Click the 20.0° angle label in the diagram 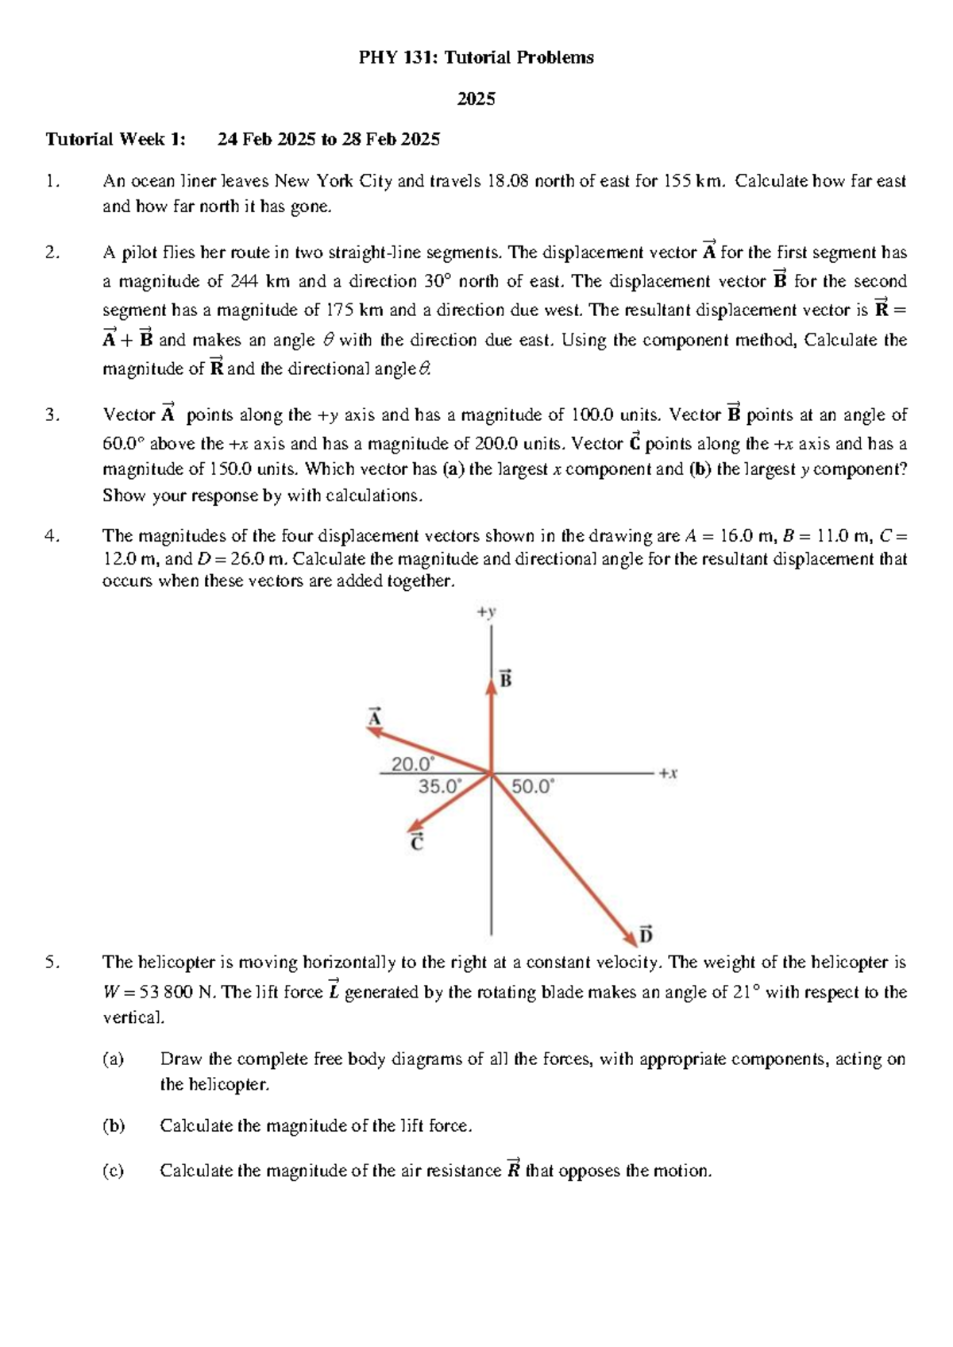pyautogui.click(x=413, y=764)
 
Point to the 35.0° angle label pyautogui.click(x=439, y=786)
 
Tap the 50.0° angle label pyautogui.click(x=533, y=786)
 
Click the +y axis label pyautogui.click(x=486, y=612)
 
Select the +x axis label pyautogui.click(x=668, y=773)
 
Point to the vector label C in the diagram pyautogui.click(x=417, y=843)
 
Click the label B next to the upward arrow pyautogui.click(x=505, y=679)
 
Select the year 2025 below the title pyautogui.click(x=476, y=98)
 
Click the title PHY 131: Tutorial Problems pyautogui.click(x=476, y=57)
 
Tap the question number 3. pyautogui.click(x=52, y=415)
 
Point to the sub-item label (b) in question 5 pyautogui.click(x=114, y=1125)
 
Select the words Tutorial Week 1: pyautogui.click(x=115, y=140)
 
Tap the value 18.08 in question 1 pyautogui.click(x=507, y=181)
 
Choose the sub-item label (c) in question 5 pyautogui.click(x=114, y=1171)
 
